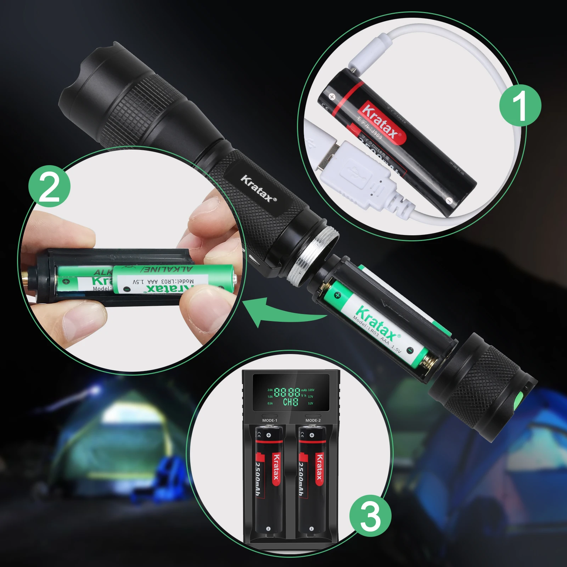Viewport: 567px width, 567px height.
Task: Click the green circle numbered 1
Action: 520,105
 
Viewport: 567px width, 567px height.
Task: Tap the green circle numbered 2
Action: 49,186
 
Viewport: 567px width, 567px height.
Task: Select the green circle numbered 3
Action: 370,516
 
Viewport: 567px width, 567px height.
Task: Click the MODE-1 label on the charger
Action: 270,420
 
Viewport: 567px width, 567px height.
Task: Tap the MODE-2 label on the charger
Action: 313,420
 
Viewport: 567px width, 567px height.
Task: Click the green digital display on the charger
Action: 290,397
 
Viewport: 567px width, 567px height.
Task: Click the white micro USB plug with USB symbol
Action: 354,174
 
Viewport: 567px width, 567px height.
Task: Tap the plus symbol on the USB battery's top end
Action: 332,96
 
